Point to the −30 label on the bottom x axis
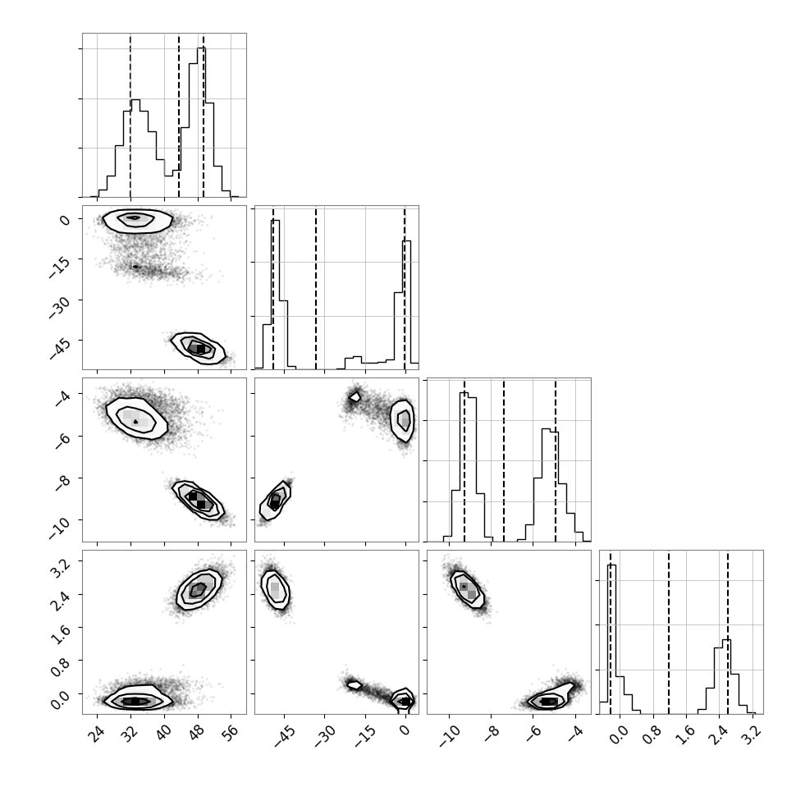tap(326, 735)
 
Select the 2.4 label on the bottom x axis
tap(719, 734)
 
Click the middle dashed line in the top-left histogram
tap(179, 115)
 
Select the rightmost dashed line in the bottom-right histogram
tap(727, 632)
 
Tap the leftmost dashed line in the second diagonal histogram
tap(273, 287)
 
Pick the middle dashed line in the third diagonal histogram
tap(504, 460)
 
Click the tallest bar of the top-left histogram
tap(202, 121)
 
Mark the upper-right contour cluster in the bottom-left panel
tap(199, 589)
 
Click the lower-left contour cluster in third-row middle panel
tap(275, 501)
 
